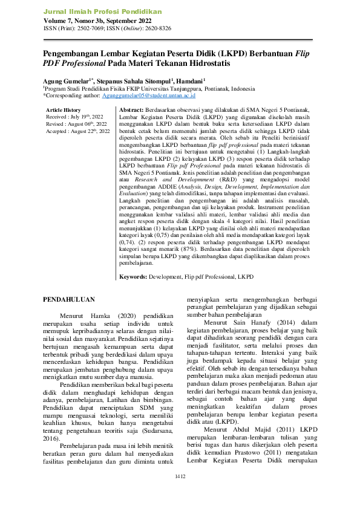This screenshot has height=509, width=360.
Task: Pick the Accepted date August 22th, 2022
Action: click(90, 131)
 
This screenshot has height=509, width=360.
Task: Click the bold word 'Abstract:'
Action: click(132, 109)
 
